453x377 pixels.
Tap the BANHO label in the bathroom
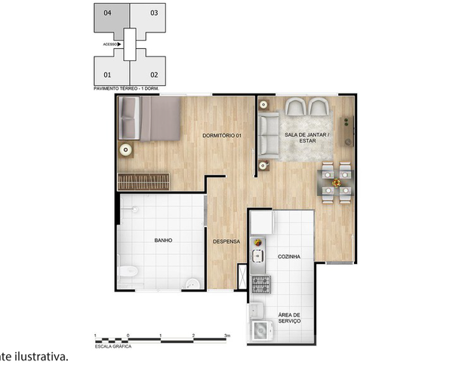(x=163, y=241)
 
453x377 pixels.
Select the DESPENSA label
(x=226, y=242)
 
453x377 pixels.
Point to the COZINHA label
(x=288, y=256)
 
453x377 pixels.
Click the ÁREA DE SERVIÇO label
(x=289, y=318)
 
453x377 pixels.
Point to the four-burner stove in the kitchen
(x=260, y=284)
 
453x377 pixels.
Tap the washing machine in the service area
(x=260, y=329)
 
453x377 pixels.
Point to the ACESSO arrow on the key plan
(x=119, y=44)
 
